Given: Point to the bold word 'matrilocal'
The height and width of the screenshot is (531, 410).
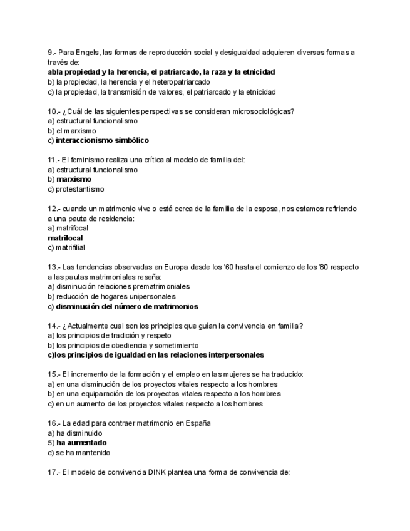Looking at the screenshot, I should click(65, 238).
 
